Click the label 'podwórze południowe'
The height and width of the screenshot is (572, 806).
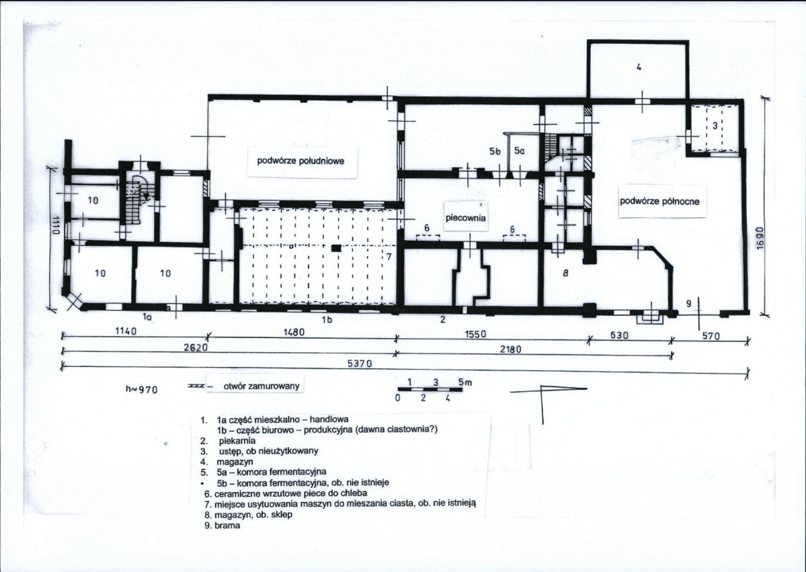click(300, 161)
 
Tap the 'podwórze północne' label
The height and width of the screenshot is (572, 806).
click(659, 201)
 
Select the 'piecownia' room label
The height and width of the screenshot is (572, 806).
click(466, 218)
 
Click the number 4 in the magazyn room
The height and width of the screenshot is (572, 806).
click(639, 67)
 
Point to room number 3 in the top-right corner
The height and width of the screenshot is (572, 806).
click(714, 125)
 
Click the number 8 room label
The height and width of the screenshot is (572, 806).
click(565, 274)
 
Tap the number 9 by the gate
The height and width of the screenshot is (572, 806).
click(689, 304)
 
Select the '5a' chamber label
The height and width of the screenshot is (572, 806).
click(520, 151)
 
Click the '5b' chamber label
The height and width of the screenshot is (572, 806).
click(495, 152)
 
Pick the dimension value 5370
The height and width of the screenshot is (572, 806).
click(360, 364)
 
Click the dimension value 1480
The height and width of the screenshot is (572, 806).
click(294, 333)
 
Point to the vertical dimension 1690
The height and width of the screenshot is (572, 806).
click(761, 239)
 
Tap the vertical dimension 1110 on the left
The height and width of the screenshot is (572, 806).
click(56, 225)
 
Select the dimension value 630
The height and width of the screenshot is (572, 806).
click(618, 335)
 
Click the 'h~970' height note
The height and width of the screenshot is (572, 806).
click(141, 389)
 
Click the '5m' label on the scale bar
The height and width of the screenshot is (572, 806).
click(465, 382)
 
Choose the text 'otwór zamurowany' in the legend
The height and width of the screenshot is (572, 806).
click(261, 386)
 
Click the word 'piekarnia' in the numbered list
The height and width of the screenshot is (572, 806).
click(237, 441)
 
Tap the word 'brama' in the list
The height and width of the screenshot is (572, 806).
click(229, 526)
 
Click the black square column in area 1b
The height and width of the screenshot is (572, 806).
click(335, 249)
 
